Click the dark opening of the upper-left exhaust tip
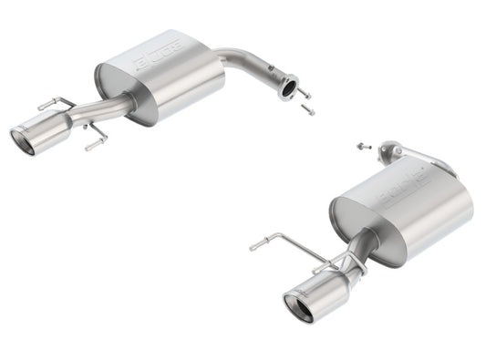(x=23, y=141)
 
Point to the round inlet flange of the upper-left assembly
(x=290, y=89)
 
